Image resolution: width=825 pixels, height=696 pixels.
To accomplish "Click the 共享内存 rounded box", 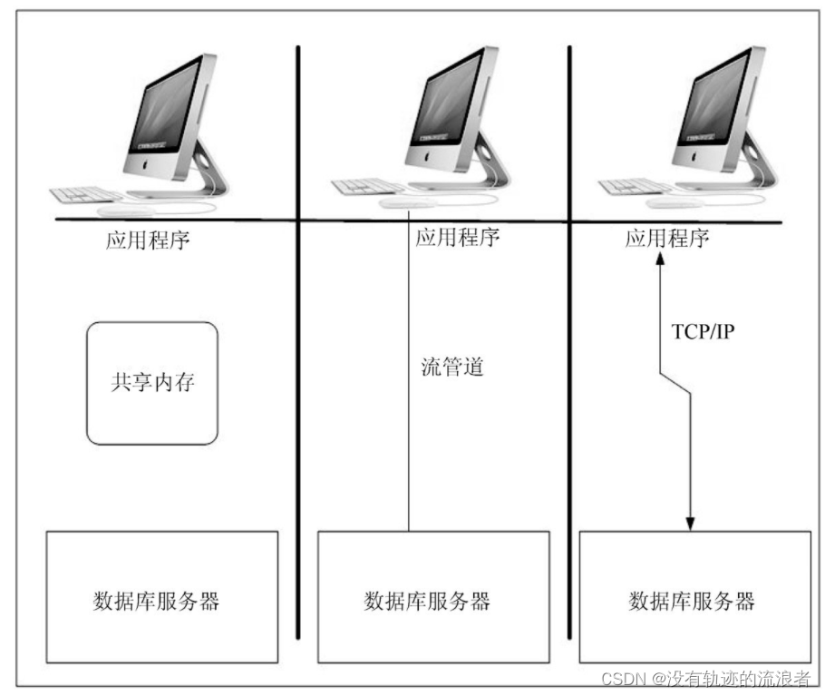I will [x=152, y=382].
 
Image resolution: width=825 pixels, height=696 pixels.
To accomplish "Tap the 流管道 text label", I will [x=452, y=368].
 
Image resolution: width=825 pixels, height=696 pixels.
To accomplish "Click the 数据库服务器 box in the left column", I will [x=161, y=596].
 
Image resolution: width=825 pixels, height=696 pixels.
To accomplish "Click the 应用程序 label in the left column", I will [x=148, y=241].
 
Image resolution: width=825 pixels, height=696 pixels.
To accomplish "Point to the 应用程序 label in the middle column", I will [x=457, y=238].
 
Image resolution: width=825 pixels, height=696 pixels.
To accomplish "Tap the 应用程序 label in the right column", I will [x=667, y=239].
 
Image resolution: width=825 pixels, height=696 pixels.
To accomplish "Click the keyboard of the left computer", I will [x=86, y=194].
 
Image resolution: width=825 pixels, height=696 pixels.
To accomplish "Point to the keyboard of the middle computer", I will [x=367, y=187].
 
